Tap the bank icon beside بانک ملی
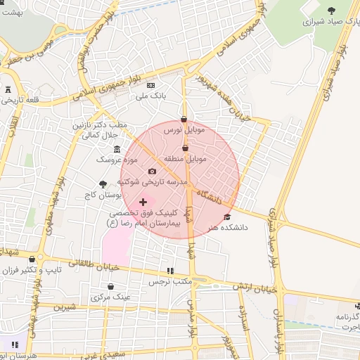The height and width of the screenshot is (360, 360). click(x=150, y=85)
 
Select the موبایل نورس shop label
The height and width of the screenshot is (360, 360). click(x=184, y=130)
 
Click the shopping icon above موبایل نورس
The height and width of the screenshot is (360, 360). click(x=184, y=119)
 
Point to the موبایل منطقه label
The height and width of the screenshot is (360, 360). click(x=185, y=160)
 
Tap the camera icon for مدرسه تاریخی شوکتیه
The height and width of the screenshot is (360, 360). click(x=152, y=172)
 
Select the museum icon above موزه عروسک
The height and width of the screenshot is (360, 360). click(x=116, y=148)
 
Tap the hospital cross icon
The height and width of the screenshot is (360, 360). click(x=143, y=202)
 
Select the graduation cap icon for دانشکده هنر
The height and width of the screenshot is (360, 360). click(x=226, y=217)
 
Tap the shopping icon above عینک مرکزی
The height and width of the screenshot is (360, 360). click(x=112, y=286)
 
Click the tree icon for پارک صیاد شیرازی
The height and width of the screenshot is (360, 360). click(x=331, y=10)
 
